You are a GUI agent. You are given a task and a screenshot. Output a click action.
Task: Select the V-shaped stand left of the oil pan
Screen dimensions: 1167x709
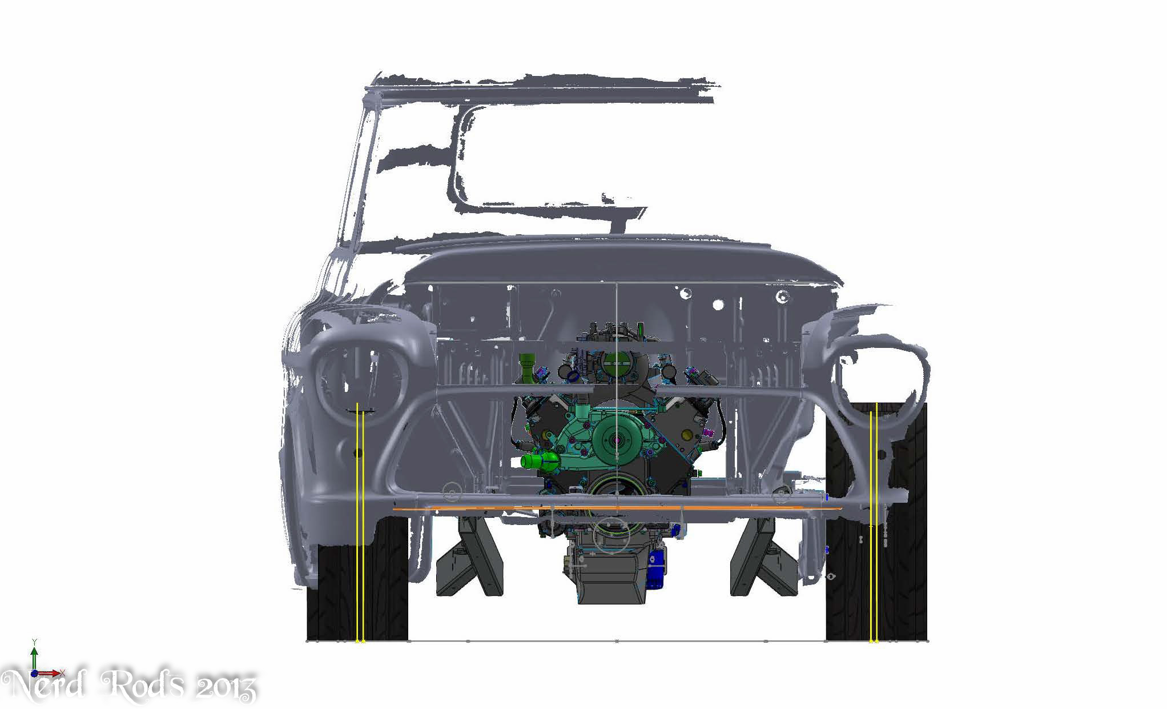tap(470, 556)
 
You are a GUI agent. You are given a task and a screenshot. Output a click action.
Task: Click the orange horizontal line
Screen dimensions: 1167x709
tap(617, 507)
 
